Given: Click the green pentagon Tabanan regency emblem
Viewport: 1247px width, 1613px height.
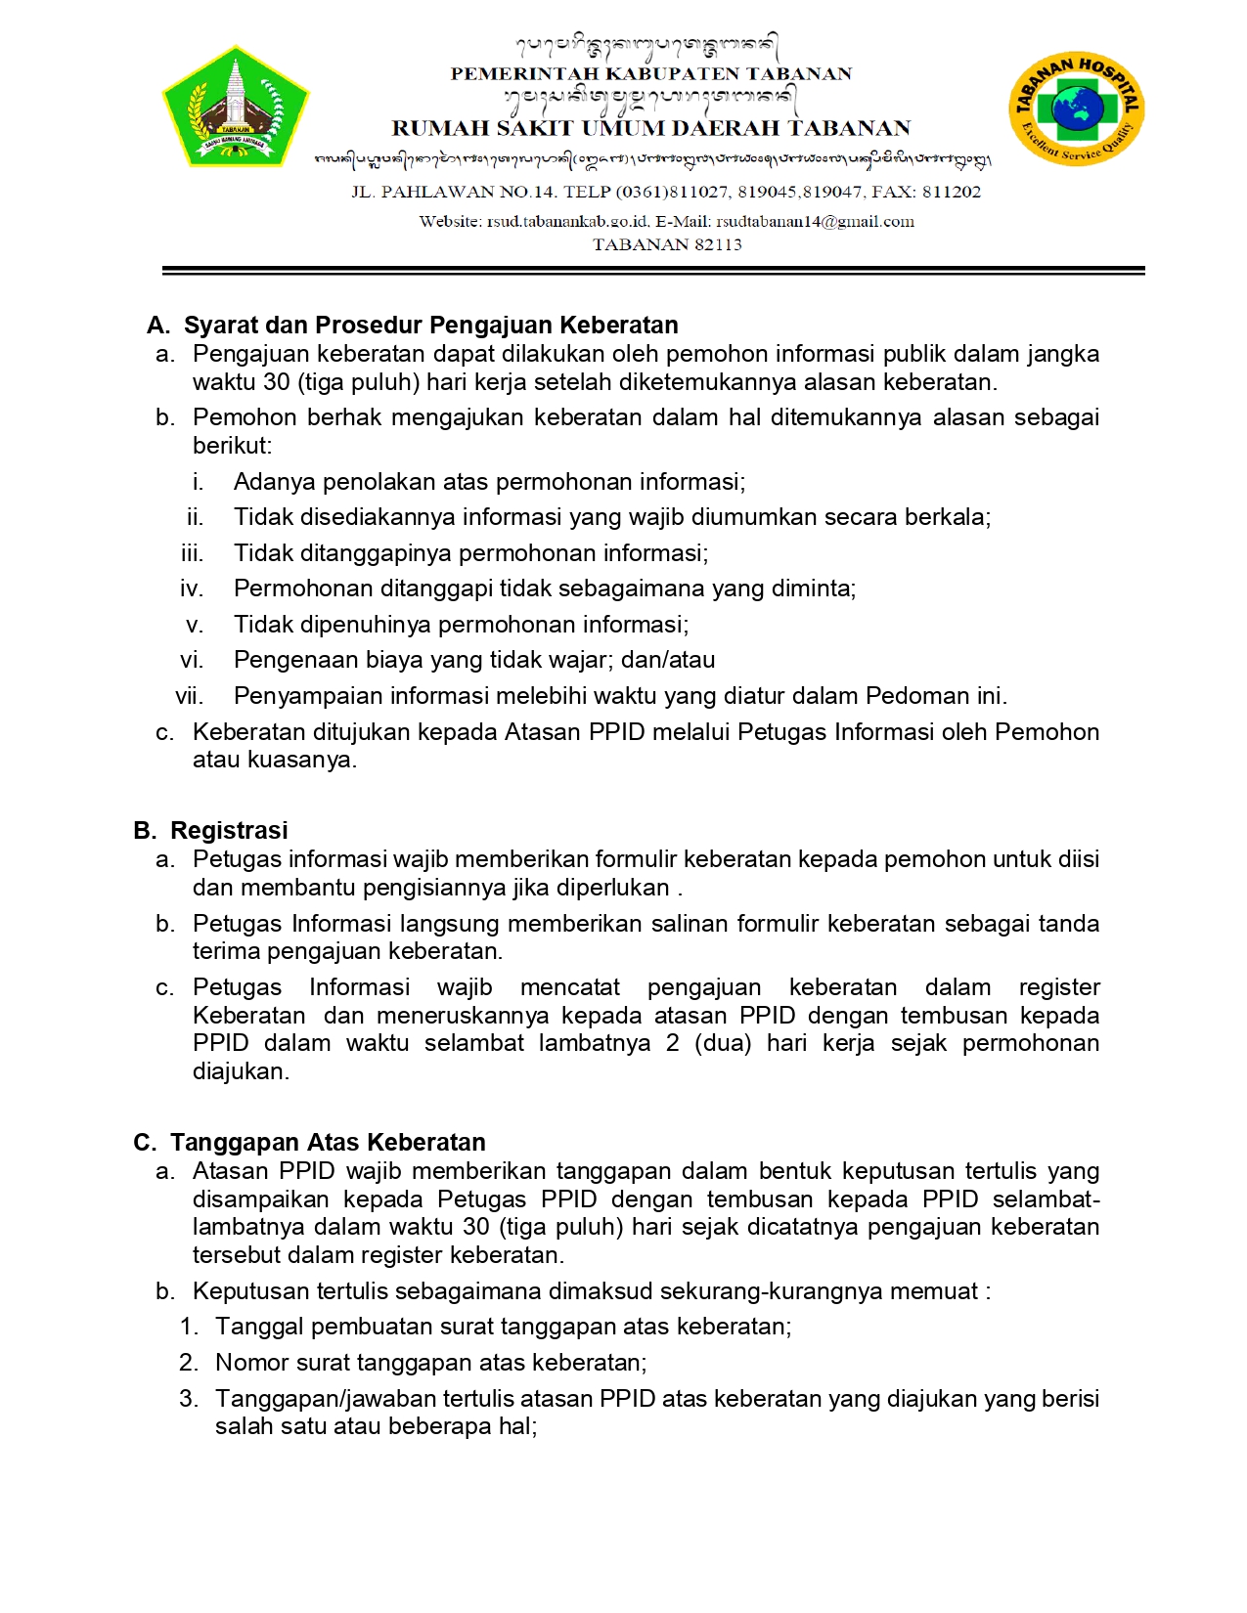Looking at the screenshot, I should click(x=236, y=106).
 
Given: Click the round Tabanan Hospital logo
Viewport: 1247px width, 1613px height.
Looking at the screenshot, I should click(x=1076, y=109).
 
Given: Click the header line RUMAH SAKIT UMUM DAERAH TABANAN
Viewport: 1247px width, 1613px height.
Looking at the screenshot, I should click(x=650, y=128).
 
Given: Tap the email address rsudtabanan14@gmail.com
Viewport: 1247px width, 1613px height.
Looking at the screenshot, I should click(x=815, y=222).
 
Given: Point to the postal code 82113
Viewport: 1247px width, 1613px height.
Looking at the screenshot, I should click(x=719, y=244).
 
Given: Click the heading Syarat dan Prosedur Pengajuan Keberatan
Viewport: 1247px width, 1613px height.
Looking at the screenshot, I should click(x=430, y=325).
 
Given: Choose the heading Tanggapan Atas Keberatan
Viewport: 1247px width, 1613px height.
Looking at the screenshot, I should click(x=328, y=1142).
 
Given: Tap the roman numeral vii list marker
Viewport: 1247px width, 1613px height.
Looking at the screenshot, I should click(x=190, y=696).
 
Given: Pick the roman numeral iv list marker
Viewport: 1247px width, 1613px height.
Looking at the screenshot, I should click(x=192, y=589).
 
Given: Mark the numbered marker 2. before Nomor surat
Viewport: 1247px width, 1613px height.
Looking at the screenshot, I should click(x=189, y=1363).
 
